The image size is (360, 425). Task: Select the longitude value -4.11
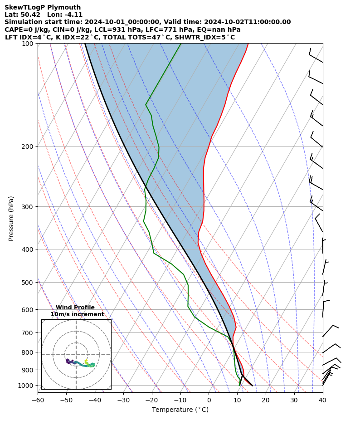[73, 15]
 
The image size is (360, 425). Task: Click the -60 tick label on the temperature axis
[38, 401]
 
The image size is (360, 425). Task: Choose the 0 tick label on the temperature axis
[209, 401]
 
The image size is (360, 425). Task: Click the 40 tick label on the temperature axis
[322, 401]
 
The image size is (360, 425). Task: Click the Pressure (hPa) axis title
[11, 218]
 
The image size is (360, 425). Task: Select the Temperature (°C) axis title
[180, 410]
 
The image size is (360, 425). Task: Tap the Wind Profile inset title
[75, 308]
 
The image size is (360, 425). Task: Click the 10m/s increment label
[77, 314]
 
